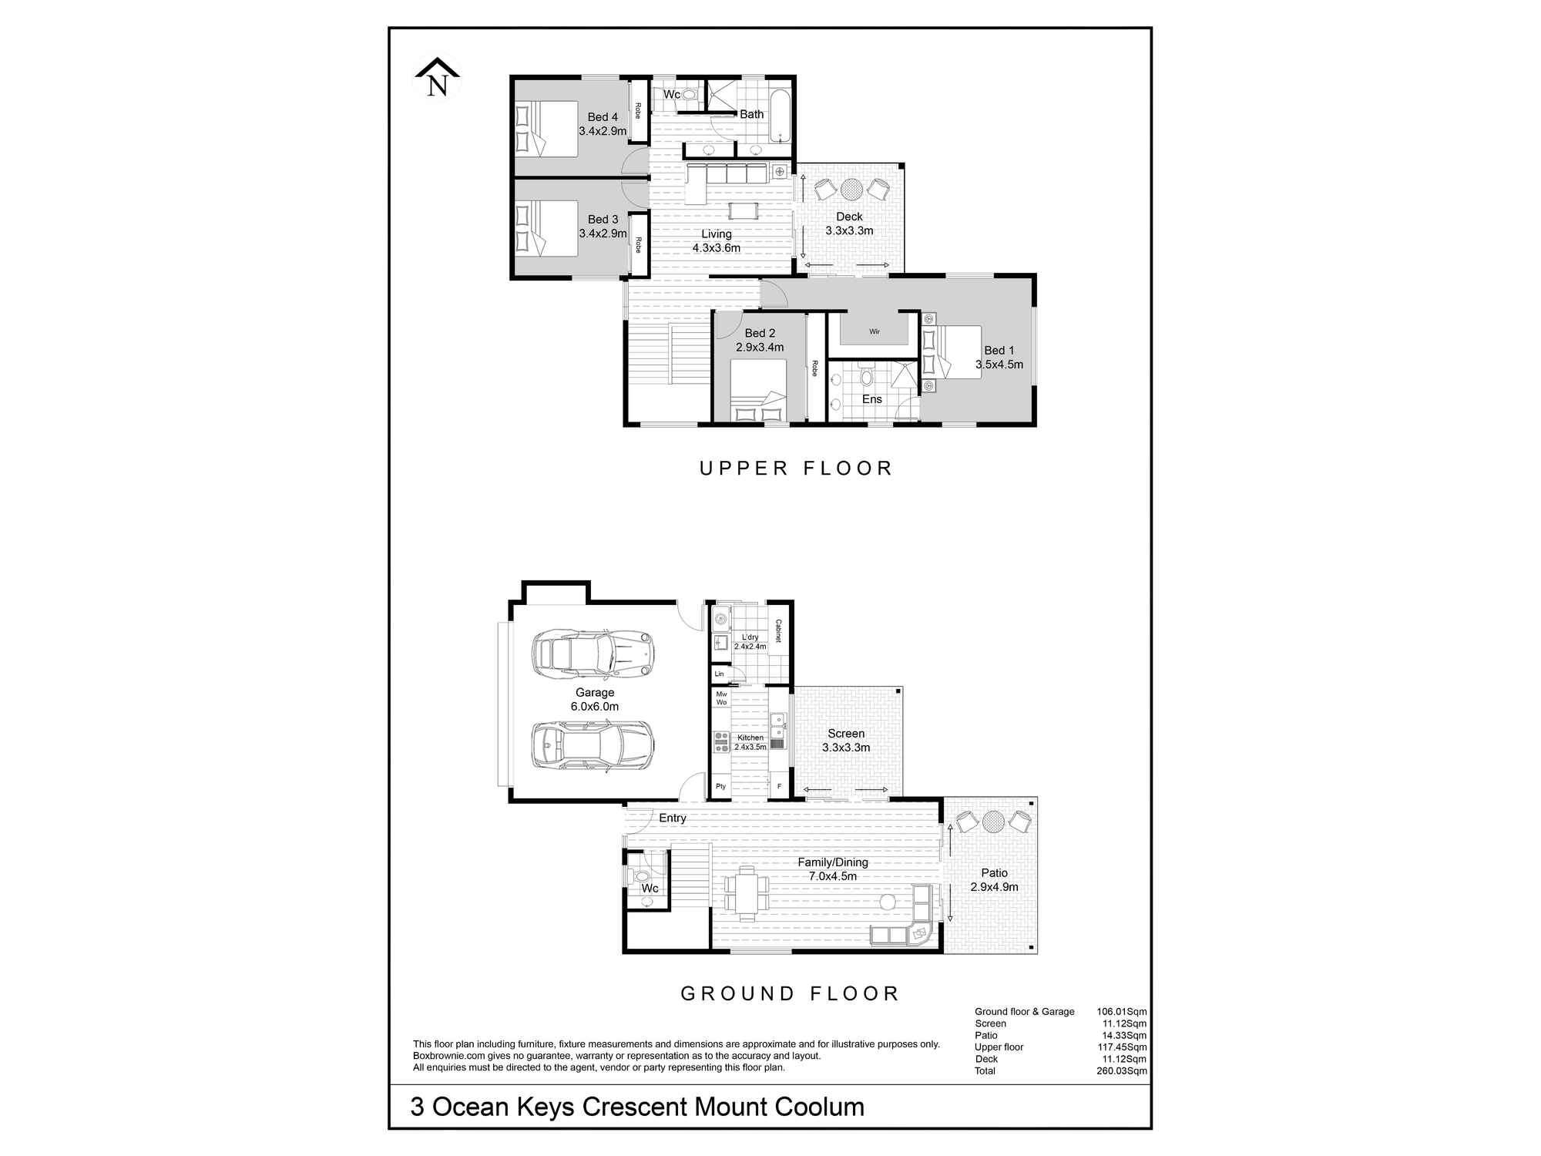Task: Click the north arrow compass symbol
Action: [437, 78]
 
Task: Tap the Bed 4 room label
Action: [603, 117]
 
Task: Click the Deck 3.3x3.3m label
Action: [849, 223]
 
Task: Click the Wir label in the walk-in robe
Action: [874, 332]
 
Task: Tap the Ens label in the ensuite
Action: [871, 399]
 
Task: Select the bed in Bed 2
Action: [758, 391]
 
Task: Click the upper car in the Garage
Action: [593, 654]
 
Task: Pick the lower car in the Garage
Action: [593, 745]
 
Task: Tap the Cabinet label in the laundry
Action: [778, 631]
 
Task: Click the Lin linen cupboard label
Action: [719, 674]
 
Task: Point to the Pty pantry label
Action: [720, 787]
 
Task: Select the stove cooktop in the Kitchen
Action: [721, 741]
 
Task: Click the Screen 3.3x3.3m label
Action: [846, 741]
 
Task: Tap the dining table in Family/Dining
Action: [746, 893]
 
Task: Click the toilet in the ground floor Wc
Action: [642, 875]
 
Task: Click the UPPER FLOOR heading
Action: [795, 469]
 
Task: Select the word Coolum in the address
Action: [819, 1107]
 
